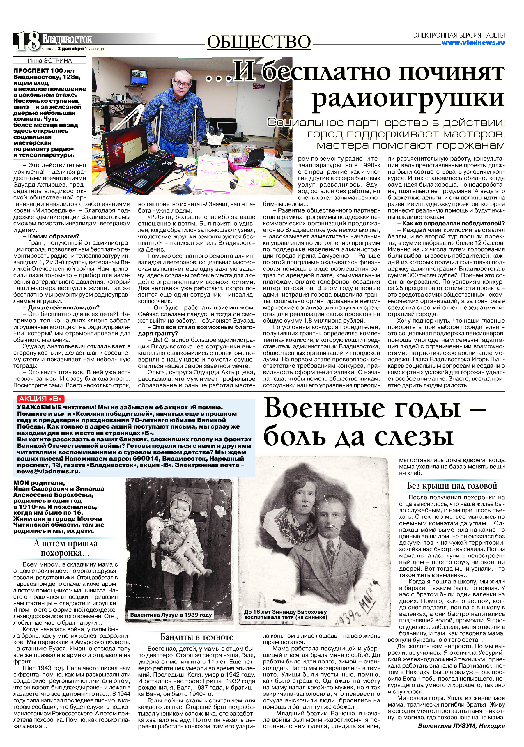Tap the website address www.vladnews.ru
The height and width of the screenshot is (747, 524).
tap(473, 43)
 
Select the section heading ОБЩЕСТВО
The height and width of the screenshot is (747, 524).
tap(259, 42)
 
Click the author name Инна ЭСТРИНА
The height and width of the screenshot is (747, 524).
tap(49, 61)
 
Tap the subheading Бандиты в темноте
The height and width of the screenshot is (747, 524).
tap(197, 637)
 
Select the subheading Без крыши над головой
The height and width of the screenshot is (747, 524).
tap(452, 486)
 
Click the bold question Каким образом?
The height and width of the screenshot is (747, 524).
tap(54, 236)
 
